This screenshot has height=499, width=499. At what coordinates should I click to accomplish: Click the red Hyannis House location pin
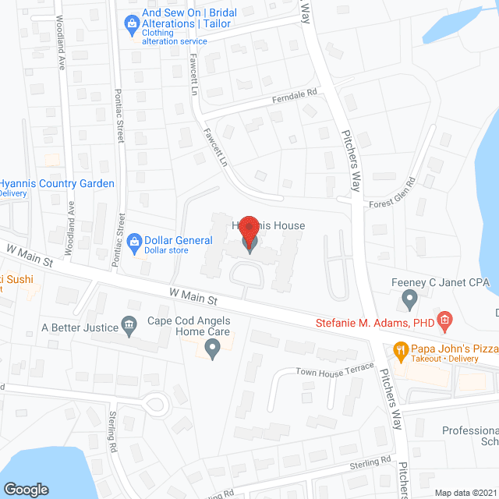[x=248, y=232]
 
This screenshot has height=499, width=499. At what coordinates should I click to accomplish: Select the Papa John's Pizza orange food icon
[x=402, y=350]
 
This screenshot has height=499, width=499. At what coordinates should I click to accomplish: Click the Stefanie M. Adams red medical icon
[x=444, y=319]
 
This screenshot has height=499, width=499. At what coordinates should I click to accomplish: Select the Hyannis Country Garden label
[x=57, y=184]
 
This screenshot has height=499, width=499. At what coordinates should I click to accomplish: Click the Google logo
[x=26, y=489]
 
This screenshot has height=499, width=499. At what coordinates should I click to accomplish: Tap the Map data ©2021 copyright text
[x=465, y=493]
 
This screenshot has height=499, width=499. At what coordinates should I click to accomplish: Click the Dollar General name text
[x=178, y=239]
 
